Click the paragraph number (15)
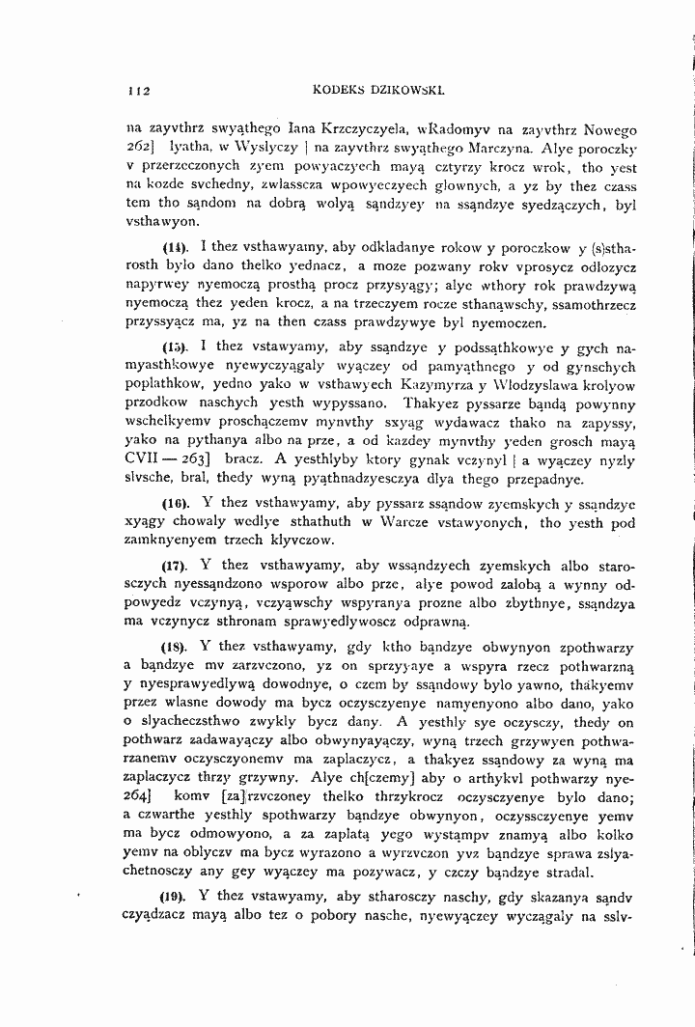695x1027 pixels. point(175,345)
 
